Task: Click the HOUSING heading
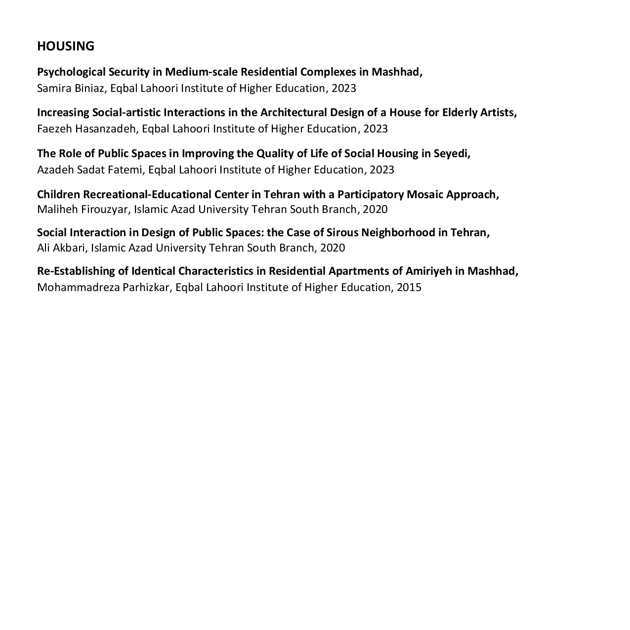coord(65,46)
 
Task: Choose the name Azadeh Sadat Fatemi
coord(90,170)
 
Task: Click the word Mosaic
coord(424,194)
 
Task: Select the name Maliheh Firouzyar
coord(83,210)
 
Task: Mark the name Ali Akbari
coord(61,248)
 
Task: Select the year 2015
coord(409,288)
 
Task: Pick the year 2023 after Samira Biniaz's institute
coord(343,88)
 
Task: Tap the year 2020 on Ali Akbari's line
coord(332,248)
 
